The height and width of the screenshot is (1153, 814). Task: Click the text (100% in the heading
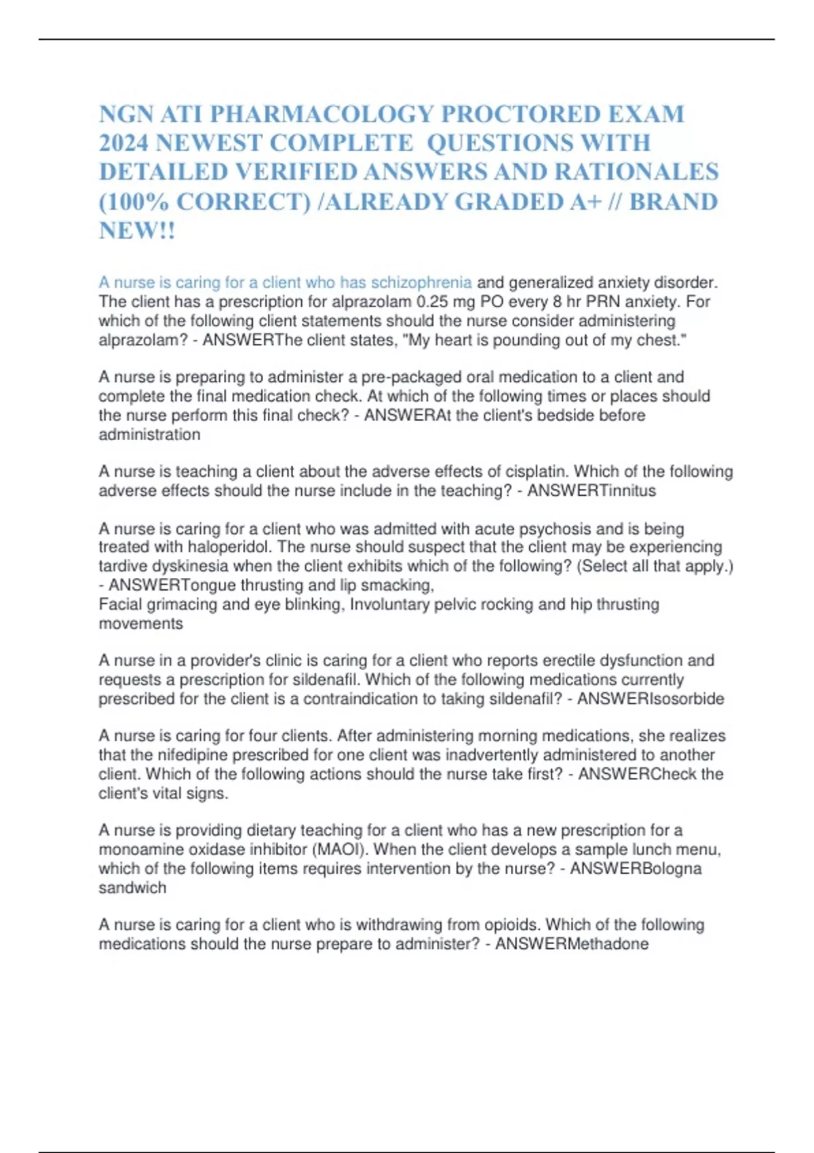click(x=134, y=202)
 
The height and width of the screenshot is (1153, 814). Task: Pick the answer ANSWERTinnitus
click(x=592, y=490)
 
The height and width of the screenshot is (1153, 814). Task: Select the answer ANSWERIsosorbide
click(x=650, y=699)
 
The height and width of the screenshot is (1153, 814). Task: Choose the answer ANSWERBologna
click(x=636, y=868)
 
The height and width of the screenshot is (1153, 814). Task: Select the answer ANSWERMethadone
click(x=572, y=943)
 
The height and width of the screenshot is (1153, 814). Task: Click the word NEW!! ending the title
click(x=137, y=231)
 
